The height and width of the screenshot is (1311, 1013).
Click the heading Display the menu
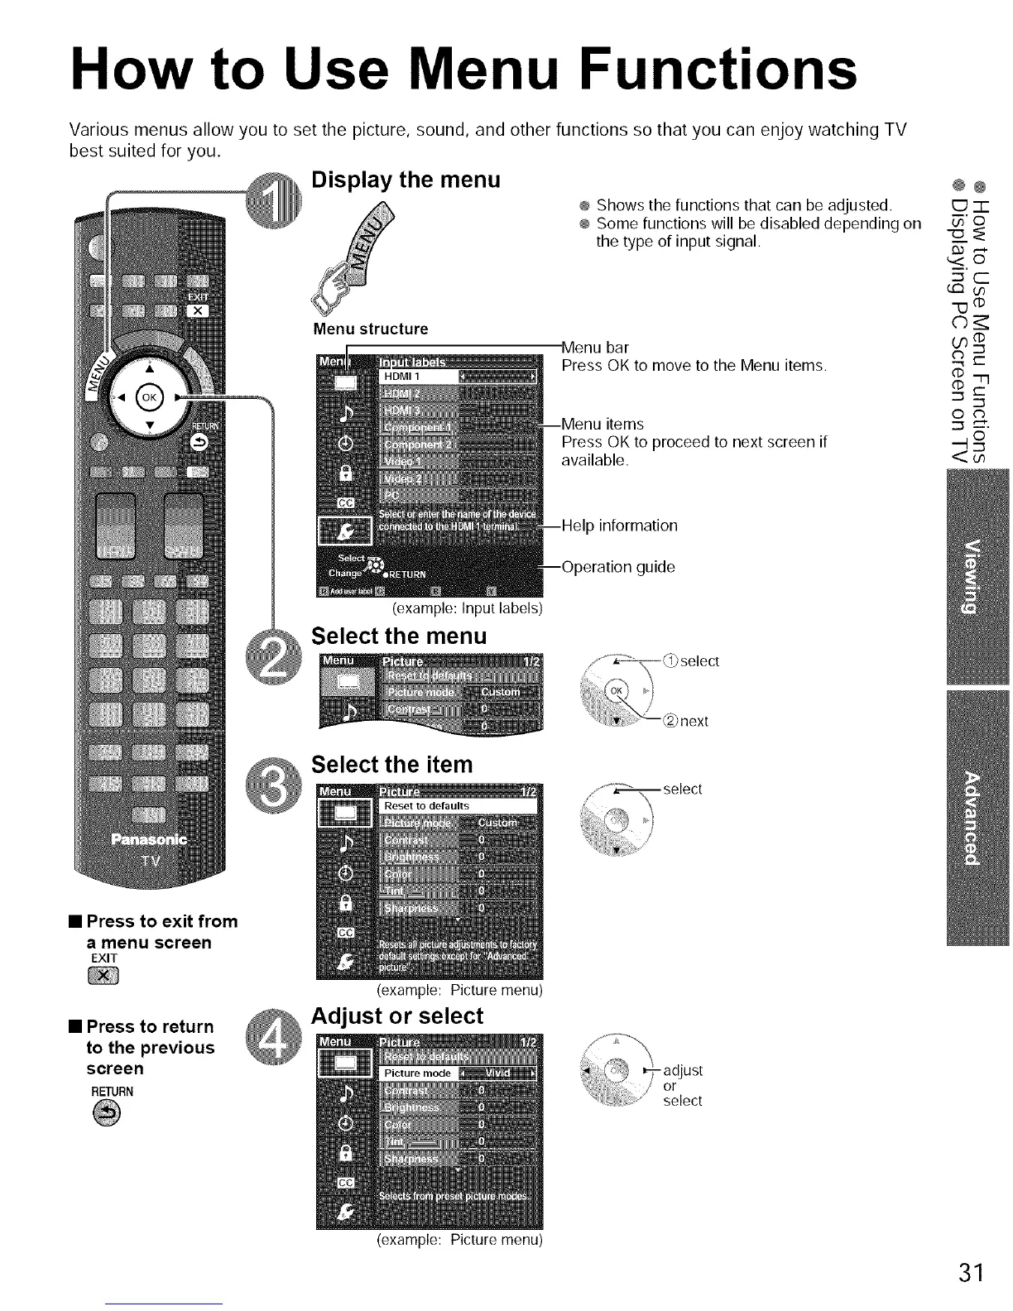click(406, 180)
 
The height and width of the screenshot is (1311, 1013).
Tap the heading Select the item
click(391, 764)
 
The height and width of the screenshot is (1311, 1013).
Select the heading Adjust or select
click(396, 1016)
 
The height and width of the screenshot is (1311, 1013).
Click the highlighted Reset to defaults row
click(458, 805)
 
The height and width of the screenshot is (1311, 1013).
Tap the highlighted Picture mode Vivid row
click(458, 1073)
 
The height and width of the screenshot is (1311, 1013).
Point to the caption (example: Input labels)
click(466, 608)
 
